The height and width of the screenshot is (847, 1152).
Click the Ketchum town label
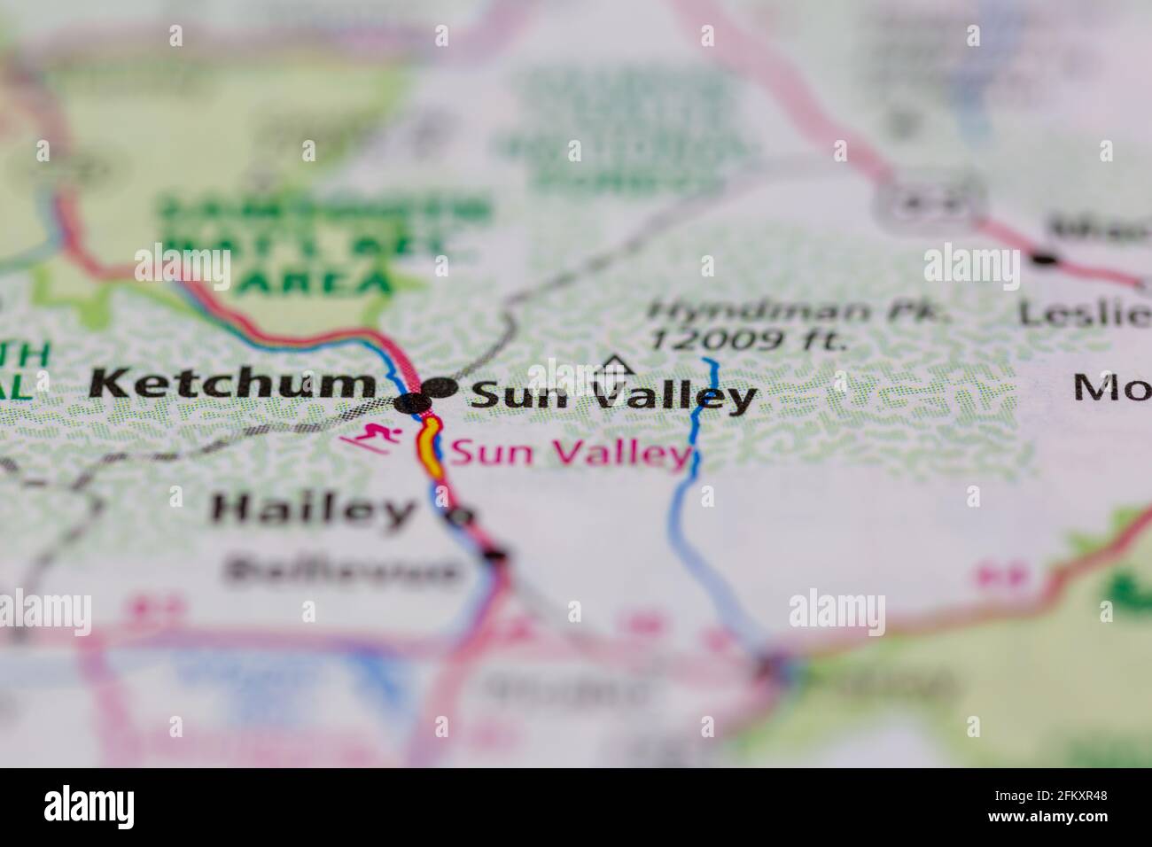tap(233, 385)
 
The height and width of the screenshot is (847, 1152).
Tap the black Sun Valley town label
tap(614, 396)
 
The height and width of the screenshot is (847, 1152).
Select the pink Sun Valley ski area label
tap(570, 455)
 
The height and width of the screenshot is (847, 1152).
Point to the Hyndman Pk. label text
tap(798, 312)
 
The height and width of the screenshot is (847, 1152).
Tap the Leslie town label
tap(1084, 312)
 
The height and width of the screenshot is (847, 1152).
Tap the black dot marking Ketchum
tap(413, 404)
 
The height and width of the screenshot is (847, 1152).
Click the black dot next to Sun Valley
tap(440, 388)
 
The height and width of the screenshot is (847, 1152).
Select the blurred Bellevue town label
tap(342, 571)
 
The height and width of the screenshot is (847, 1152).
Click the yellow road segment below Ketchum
tap(430, 450)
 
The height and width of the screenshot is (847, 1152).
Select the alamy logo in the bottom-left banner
tap(90, 806)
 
